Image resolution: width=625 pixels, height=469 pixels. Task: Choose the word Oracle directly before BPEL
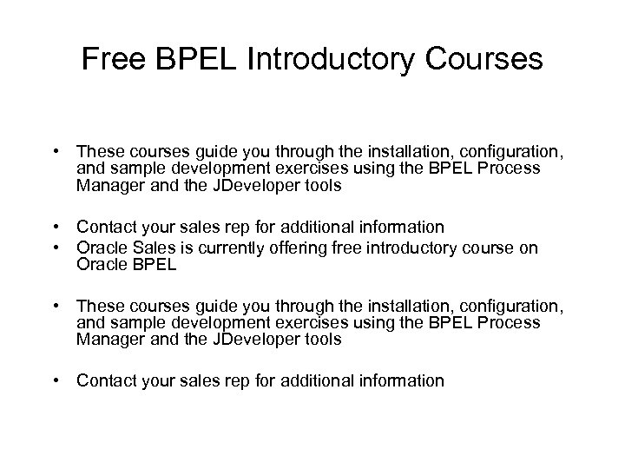click(101, 265)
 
